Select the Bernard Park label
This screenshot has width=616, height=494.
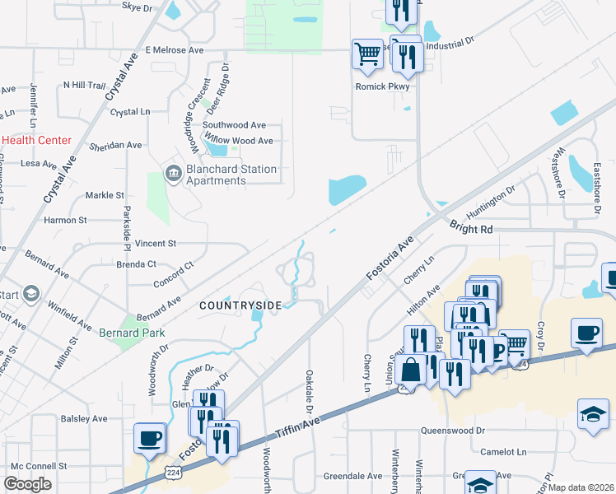[133, 333]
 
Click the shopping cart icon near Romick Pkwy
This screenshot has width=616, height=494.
[367, 54]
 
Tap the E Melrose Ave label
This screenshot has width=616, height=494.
[174, 49]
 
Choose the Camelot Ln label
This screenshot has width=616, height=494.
[504, 451]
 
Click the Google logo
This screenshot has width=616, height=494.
[28, 483]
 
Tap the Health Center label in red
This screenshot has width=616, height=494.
[36, 140]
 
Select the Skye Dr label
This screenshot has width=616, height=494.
[138, 7]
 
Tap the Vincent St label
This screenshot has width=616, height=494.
[156, 243]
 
